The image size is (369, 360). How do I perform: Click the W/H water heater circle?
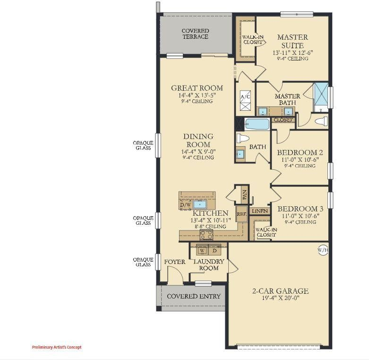coord(323,250)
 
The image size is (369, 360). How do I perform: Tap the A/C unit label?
coord(245,97)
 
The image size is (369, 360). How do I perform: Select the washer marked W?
coord(202,250)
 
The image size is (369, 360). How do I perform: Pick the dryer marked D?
coord(215,250)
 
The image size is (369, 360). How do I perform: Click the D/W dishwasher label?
coord(185,205)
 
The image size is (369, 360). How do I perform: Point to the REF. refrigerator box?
coord(242,214)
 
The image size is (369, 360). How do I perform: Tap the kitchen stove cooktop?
coord(206,235)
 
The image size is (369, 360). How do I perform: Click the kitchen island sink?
coord(200,204)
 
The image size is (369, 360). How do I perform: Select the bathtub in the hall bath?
coord(257,124)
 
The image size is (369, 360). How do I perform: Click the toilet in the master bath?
coord(321,121)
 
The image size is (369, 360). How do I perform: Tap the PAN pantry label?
coord(245,195)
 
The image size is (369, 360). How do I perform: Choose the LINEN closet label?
coord(260,211)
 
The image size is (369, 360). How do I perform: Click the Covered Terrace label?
coord(195,34)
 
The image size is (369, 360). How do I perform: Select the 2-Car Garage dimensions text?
coord(281,298)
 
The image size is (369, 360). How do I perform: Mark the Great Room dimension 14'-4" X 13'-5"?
coord(197,95)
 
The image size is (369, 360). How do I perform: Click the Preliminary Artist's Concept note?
coord(57,347)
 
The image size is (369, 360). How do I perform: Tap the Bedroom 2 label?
coord(300,152)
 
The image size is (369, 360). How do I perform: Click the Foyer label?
coord(175,262)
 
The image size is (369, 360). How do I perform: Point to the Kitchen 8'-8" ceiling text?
coord(210,227)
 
